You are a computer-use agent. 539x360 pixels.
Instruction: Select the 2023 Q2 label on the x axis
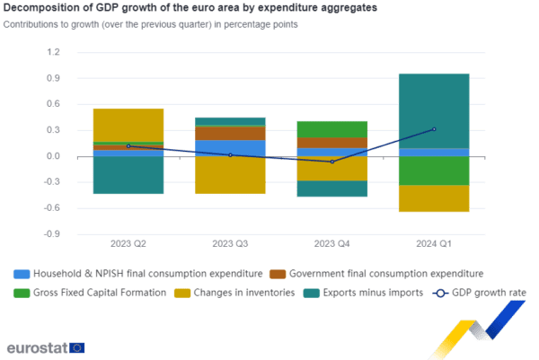click(128, 244)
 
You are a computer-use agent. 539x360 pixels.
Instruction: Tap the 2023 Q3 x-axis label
click(230, 244)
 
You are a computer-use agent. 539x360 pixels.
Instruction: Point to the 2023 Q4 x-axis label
click(331, 244)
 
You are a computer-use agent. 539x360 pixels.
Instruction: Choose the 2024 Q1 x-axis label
click(433, 244)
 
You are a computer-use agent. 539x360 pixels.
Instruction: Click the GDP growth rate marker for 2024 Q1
click(434, 129)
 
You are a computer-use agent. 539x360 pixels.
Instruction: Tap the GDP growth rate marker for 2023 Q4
click(332, 162)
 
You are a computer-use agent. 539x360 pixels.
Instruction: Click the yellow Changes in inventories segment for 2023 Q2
click(128, 124)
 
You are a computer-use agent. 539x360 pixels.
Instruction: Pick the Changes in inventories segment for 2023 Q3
click(230, 175)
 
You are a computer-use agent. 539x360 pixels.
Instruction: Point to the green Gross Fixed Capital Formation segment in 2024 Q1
click(434, 171)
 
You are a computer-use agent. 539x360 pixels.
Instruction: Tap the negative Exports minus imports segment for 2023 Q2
click(128, 175)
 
